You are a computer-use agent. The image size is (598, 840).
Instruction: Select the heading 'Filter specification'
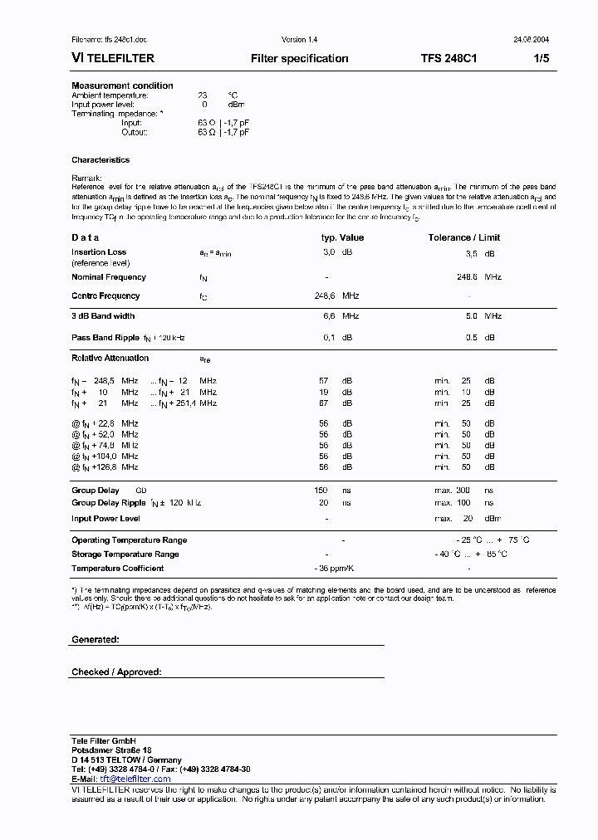299,59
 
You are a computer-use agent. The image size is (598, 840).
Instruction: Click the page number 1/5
541,59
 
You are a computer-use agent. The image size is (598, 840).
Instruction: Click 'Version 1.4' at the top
299,40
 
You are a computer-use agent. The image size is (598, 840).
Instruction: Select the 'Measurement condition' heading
122,85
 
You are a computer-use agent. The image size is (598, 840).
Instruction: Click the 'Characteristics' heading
100,160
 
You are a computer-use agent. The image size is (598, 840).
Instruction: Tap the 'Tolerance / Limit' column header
463,237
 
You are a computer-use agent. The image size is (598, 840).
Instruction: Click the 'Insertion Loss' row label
99,252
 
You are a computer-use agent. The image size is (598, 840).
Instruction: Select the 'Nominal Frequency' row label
109,277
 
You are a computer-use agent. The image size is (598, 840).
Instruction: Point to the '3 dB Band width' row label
103,316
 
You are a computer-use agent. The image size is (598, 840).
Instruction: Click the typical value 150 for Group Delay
321,491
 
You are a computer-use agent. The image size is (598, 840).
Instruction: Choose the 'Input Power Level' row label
105,519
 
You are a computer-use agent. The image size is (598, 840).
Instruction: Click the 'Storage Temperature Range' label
125,554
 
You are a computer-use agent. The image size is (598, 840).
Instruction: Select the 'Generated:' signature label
96,640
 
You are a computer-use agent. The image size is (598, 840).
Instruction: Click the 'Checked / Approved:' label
116,672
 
